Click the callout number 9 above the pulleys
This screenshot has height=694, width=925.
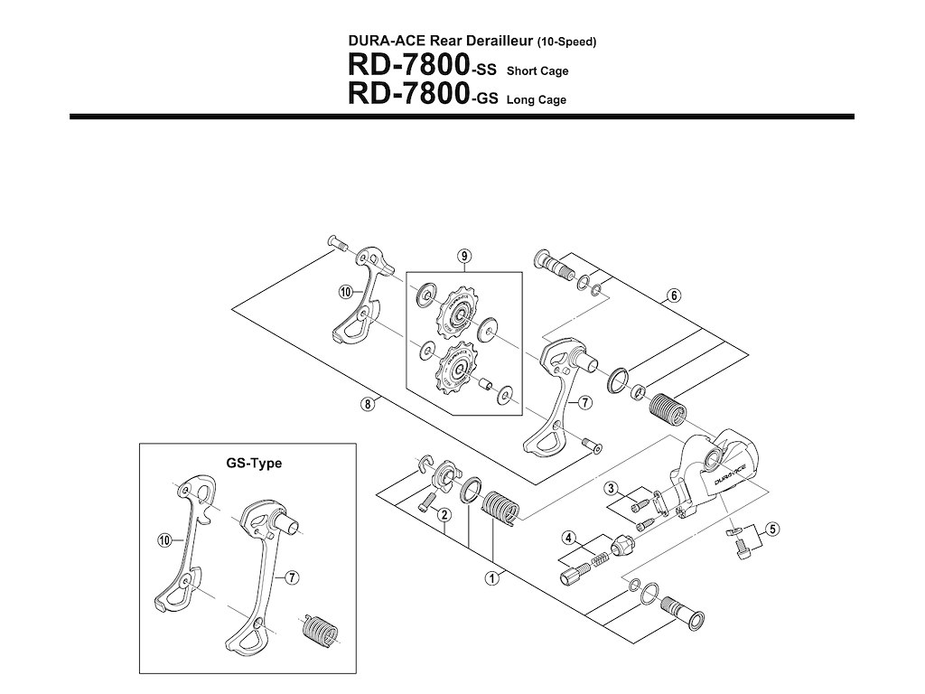(x=464, y=257)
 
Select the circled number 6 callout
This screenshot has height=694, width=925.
(x=674, y=295)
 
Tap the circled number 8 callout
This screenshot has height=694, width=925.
(x=367, y=404)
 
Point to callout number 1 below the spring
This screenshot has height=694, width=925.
(x=493, y=577)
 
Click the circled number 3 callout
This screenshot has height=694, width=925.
(x=612, y=489)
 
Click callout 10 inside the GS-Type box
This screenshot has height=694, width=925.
(x=164, y=540)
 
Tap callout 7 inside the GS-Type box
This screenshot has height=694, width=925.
(x=292, y=577)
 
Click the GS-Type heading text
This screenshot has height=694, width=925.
(x=254, y=464)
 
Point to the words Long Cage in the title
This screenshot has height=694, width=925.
(x=536, y=100)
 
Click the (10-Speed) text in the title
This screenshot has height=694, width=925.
(x=566, y=42)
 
